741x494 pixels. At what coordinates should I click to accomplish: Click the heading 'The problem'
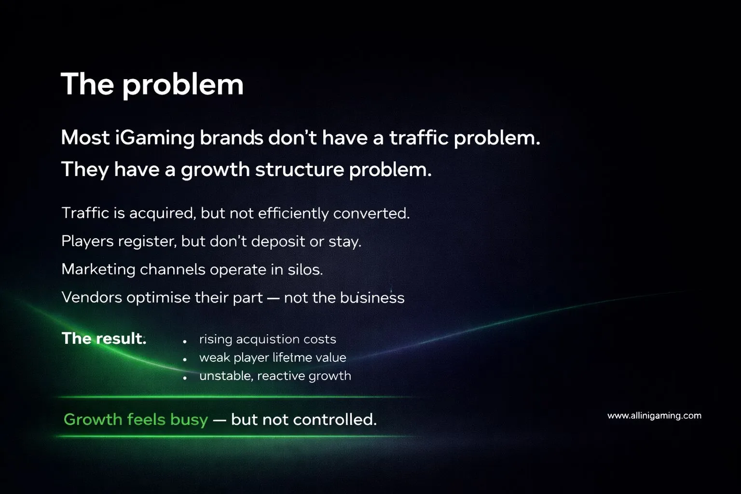(152, 85)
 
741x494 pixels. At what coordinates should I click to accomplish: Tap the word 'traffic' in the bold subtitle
(418, 137)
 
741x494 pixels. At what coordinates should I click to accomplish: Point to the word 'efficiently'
(293, 213)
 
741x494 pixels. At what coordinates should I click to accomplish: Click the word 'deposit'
(278, 242)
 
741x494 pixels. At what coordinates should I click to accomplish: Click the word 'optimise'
(158, 298)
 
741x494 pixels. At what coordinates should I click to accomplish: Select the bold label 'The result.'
(104, 339)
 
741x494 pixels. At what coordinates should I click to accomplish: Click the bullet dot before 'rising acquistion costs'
(185, 341)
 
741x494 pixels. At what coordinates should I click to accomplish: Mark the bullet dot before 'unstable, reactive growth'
(185, 378)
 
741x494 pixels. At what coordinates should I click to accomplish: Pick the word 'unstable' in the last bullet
(226, 376)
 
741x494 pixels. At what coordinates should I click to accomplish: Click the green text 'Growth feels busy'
(136, 420)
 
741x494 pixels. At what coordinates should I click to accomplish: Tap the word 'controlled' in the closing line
(334, 420)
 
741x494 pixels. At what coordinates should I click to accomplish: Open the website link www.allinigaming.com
(654, 416)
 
